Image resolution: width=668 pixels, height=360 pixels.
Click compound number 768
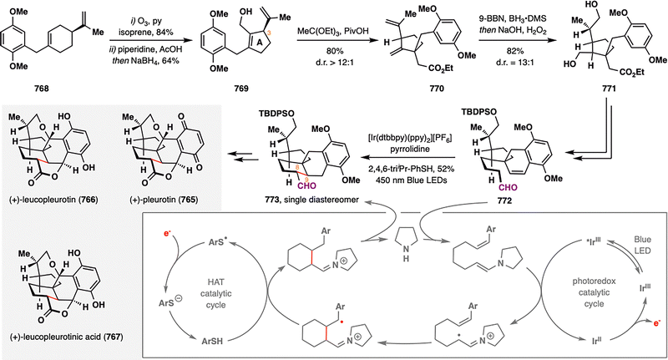pyautogui.click(x=42, y=89)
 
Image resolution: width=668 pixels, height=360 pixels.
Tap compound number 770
pyautogui.click(x=436, y=89)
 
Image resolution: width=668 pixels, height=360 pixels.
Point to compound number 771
pyautogui.click(x=607, y=89)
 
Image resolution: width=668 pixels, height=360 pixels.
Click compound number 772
pyautogui.click(x=504, y=200)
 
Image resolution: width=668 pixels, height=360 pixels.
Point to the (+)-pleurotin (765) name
pyautogui.click(x=164, y=199)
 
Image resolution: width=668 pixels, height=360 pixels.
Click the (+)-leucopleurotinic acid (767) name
pyautogui.click(x=66, y=337)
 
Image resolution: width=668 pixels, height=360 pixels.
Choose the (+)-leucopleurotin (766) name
pyautogui.click(x=53, y=199)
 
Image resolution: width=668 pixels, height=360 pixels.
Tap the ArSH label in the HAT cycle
pyautogui.click(x=213, y=341)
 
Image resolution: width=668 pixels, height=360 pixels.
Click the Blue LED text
pyautogui.click(x=641, y=245)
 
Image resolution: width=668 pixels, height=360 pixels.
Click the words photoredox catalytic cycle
pyautogui.click(x=594, y=292)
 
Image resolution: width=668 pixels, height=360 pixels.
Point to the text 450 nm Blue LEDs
pyautogui.click(x=407, y=180)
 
